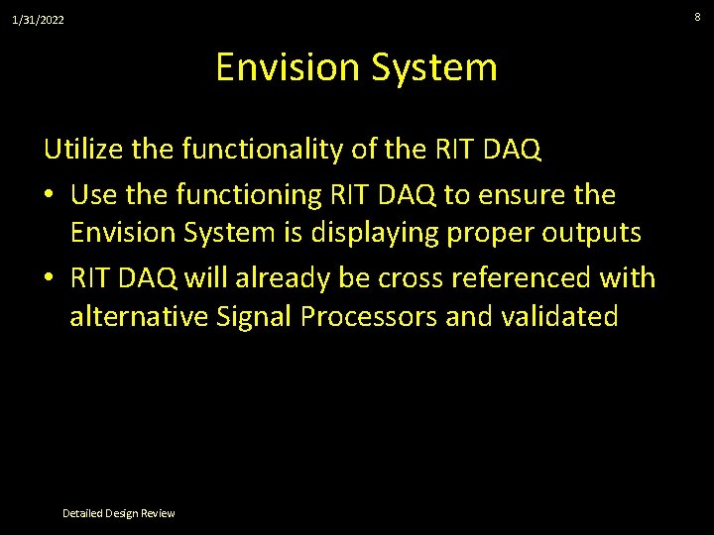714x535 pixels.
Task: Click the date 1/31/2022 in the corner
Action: pyautogui.click(x=38, y=20)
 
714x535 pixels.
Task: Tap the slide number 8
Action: pyautogui.click(x=697, y=16)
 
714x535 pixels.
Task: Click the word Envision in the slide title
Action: pyautogui.click(x=286, y=67)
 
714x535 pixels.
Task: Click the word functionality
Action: pyautogui.click(x=252, y=150)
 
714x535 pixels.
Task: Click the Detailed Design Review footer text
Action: pyautogui.click(x=118, y=513)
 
